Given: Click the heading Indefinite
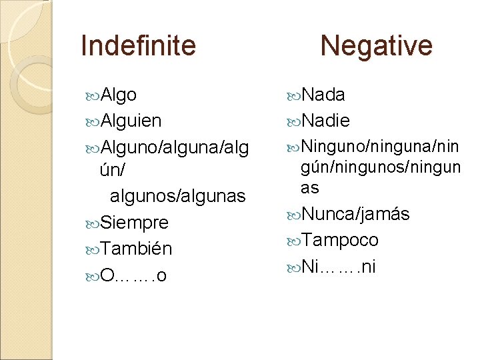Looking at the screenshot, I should (x=138, y=46).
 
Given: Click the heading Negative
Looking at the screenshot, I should (x=376, y=46).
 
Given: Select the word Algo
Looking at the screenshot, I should (x=119, y=95).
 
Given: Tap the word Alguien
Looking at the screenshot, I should (x=130, y=121).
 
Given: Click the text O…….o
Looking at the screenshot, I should (x=133, y=275).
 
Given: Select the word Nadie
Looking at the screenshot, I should (x=325, y=121).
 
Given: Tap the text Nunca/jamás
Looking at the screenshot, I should (x=355, y=214).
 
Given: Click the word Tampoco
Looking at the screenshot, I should (x=340, y=240).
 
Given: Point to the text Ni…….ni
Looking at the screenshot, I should (x=339, y=267).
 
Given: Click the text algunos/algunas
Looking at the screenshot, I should (x=177, y=196).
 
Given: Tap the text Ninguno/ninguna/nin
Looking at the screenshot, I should (x=381, y=146).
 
